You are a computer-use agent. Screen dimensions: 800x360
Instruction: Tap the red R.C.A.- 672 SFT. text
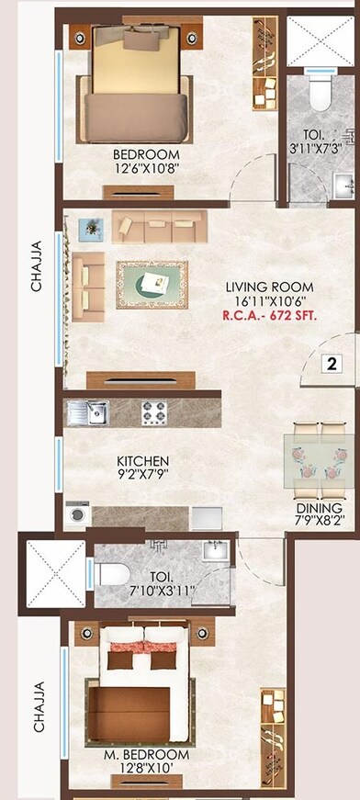pyautogui.click(x=269, y=314)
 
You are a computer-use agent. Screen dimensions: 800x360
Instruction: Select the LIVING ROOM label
pyautogui.click(x=269, y=287)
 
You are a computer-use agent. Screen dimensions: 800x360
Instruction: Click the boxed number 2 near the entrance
pyautogui.click(x=332, y=364)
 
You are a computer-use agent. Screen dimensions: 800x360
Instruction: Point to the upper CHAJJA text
pyautogui.click(x=37, y=266)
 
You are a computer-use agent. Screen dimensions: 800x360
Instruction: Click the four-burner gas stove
pyautogui.click(x=153, y=413)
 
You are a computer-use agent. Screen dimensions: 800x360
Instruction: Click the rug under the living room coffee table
pyautogui.click(x=152, y=285)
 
